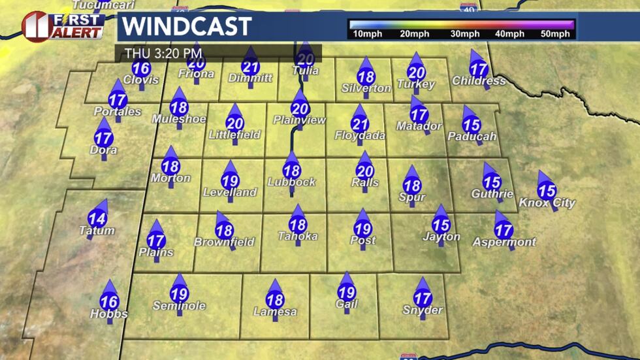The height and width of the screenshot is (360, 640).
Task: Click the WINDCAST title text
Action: [187, 27]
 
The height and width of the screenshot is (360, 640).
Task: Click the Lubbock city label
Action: [291, 182]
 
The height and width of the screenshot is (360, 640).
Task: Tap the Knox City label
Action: [547, 203]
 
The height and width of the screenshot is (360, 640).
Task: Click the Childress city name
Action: [479, 81]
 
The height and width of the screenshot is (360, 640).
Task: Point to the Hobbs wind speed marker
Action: [110, 301]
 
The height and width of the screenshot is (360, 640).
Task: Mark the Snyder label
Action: [423, 310]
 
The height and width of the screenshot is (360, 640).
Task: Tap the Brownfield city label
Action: [224, 242]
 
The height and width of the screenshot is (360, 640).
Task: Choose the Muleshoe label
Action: [179, 119]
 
